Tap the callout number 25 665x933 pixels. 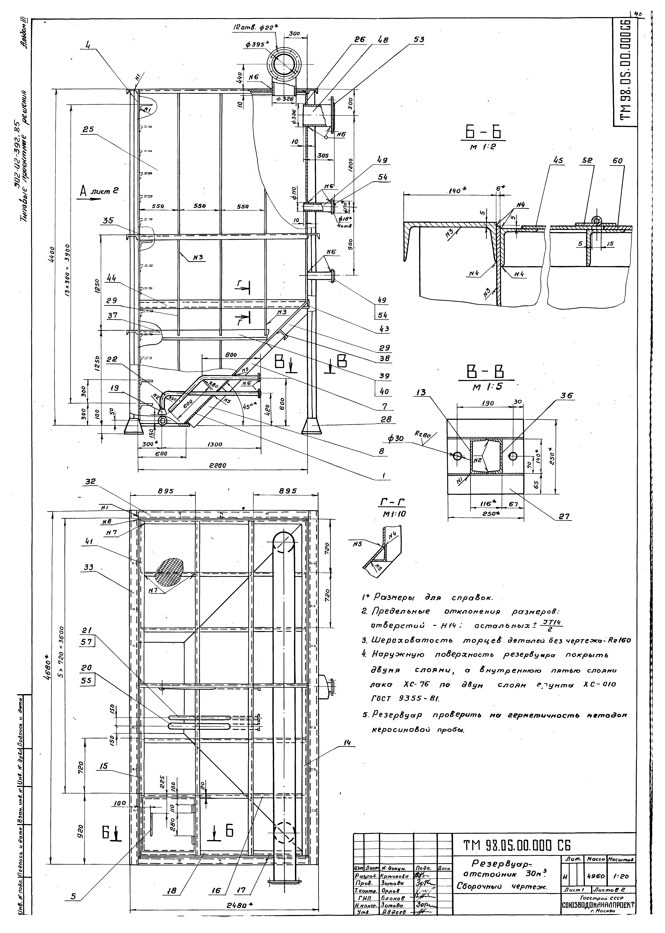pyautogui.click(x=87, y=129)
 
